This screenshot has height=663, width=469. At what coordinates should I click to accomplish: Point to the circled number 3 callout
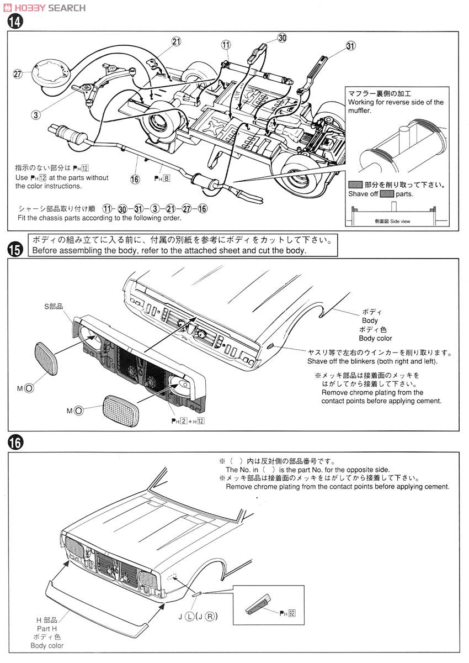[x=36, y=115]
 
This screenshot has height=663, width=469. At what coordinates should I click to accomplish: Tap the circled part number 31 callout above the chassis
[x=351, y=46]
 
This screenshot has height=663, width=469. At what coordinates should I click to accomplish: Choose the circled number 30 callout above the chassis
[x=282, y=38]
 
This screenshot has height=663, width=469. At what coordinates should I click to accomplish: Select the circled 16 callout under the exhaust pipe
[x=135, y=178]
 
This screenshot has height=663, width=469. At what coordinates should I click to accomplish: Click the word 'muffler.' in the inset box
[x=359, y=110]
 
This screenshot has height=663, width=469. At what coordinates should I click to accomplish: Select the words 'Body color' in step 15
[x=375, y=338]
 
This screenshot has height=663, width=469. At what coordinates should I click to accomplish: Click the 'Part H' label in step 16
[x=47, y=629]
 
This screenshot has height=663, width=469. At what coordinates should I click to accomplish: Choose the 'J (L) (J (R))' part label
[x=193, y=617]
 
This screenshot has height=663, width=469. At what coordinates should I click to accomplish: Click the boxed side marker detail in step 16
[x=263, y=604]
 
